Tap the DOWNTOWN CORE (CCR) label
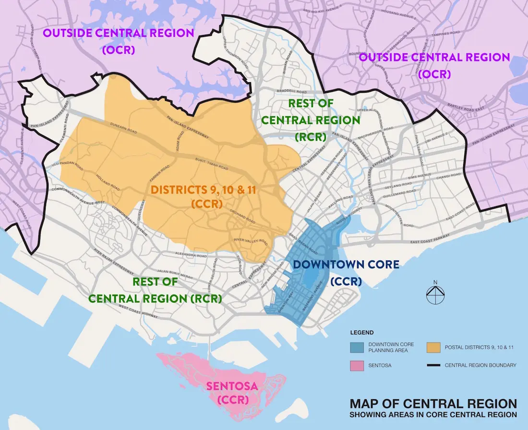346,271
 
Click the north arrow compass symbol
434,295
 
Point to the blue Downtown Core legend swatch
357,347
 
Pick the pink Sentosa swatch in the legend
357,365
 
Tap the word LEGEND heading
362,332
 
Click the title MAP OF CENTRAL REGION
433,403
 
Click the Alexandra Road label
191,255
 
